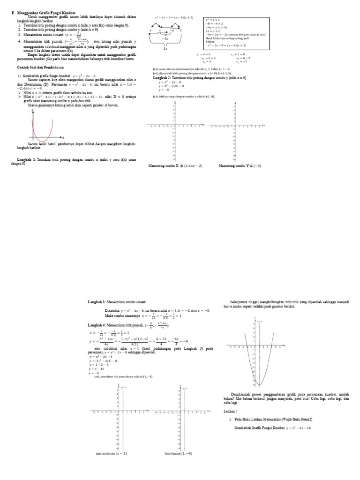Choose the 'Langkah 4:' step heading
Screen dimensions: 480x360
pos(98,324)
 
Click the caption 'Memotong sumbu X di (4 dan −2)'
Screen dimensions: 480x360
pos(175,166)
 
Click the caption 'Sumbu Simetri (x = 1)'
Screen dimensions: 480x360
pos(111,454)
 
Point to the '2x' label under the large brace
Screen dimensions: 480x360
pos(165,48)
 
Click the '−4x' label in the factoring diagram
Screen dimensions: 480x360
pos(165,38)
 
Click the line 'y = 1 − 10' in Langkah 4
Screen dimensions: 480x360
pos(97,369)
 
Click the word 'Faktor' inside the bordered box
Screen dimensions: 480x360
pos(210,42)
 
